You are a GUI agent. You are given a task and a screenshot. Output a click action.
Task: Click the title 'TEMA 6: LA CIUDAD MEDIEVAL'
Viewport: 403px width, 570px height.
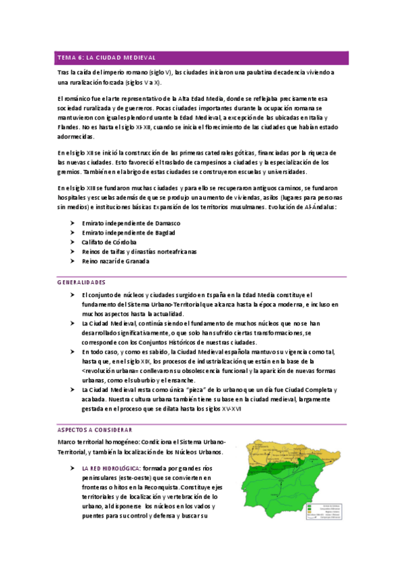pos(107,58)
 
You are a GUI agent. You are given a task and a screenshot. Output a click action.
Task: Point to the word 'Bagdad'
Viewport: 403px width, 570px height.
pos(163,232)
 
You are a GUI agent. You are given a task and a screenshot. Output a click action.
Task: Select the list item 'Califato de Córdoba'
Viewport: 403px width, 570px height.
pos(109,242)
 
